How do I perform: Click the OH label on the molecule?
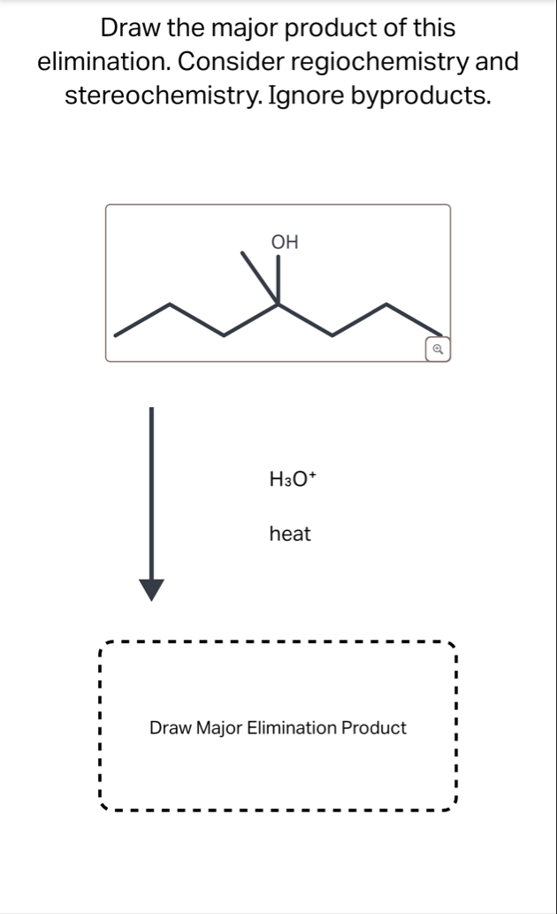(x=285, y=241)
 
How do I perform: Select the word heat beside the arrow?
(x=290, y=534)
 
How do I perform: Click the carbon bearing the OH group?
(x=278, y=304)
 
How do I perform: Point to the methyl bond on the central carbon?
(x=260, y=279)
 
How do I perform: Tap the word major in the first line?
(x=239, y=28)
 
